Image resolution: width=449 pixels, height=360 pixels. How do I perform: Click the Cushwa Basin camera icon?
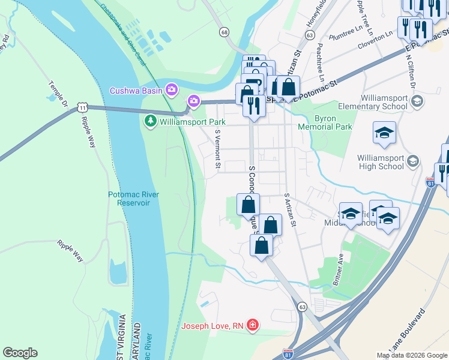pyautogui.click(x=172, y=91)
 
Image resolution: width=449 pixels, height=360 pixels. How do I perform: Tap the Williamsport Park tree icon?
pyautogui.click(x=150, y=122)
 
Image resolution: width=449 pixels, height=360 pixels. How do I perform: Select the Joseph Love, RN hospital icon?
pyautogui.click(x=253, y=326)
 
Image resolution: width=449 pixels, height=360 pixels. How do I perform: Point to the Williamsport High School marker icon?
pyautogui.click(x=412, y=161)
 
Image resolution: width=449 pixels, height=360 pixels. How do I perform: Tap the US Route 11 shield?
pyautogui.click(x=83, y=107)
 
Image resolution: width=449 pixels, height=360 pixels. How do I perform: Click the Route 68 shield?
pyautogui.click(x=224, y=31)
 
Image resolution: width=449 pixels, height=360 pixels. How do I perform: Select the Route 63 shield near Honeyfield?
pyautogui.click(x=309, y=35)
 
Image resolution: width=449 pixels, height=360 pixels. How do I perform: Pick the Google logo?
pyautogui.click(x=20, y=353)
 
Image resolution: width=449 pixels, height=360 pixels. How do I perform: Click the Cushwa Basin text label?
pyautogui.click(x=136, y=91)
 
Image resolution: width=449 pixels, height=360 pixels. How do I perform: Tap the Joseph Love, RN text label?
pyautogui.click(x=213, y=326)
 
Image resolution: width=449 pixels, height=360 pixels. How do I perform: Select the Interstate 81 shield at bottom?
pyautogui.click(x=289, y=355)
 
